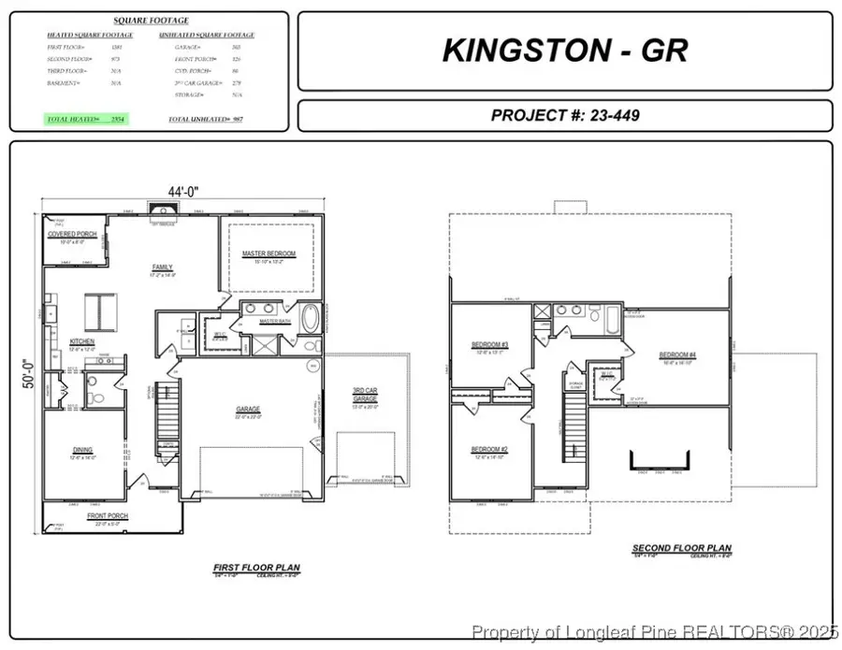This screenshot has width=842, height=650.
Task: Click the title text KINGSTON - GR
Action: (x=564, y=51)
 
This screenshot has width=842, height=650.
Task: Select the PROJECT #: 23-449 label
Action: (x=564, y=115)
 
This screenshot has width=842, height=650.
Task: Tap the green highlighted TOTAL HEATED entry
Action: (x=86, y=120)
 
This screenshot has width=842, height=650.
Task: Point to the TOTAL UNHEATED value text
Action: (x=205, y=120)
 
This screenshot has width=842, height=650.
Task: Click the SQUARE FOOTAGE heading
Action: (x=151, y=20)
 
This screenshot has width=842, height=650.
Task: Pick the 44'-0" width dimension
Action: (x=183, y=192)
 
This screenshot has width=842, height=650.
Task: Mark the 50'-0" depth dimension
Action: (x=29, y=370)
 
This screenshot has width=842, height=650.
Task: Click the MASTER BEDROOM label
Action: (x=269, y=253)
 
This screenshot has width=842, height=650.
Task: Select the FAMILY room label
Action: (x=163, y=267)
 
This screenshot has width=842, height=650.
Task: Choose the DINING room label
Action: (x=82, y=451)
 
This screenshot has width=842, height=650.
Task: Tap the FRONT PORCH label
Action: (x=108, y=515)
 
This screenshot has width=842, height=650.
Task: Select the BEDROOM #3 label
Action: (x=489, y=345)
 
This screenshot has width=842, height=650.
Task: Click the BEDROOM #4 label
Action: (x=677, y=354)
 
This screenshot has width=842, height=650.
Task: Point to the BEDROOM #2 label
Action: (x=489, y=450)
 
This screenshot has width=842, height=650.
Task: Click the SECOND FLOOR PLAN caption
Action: (x=681, y=548)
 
